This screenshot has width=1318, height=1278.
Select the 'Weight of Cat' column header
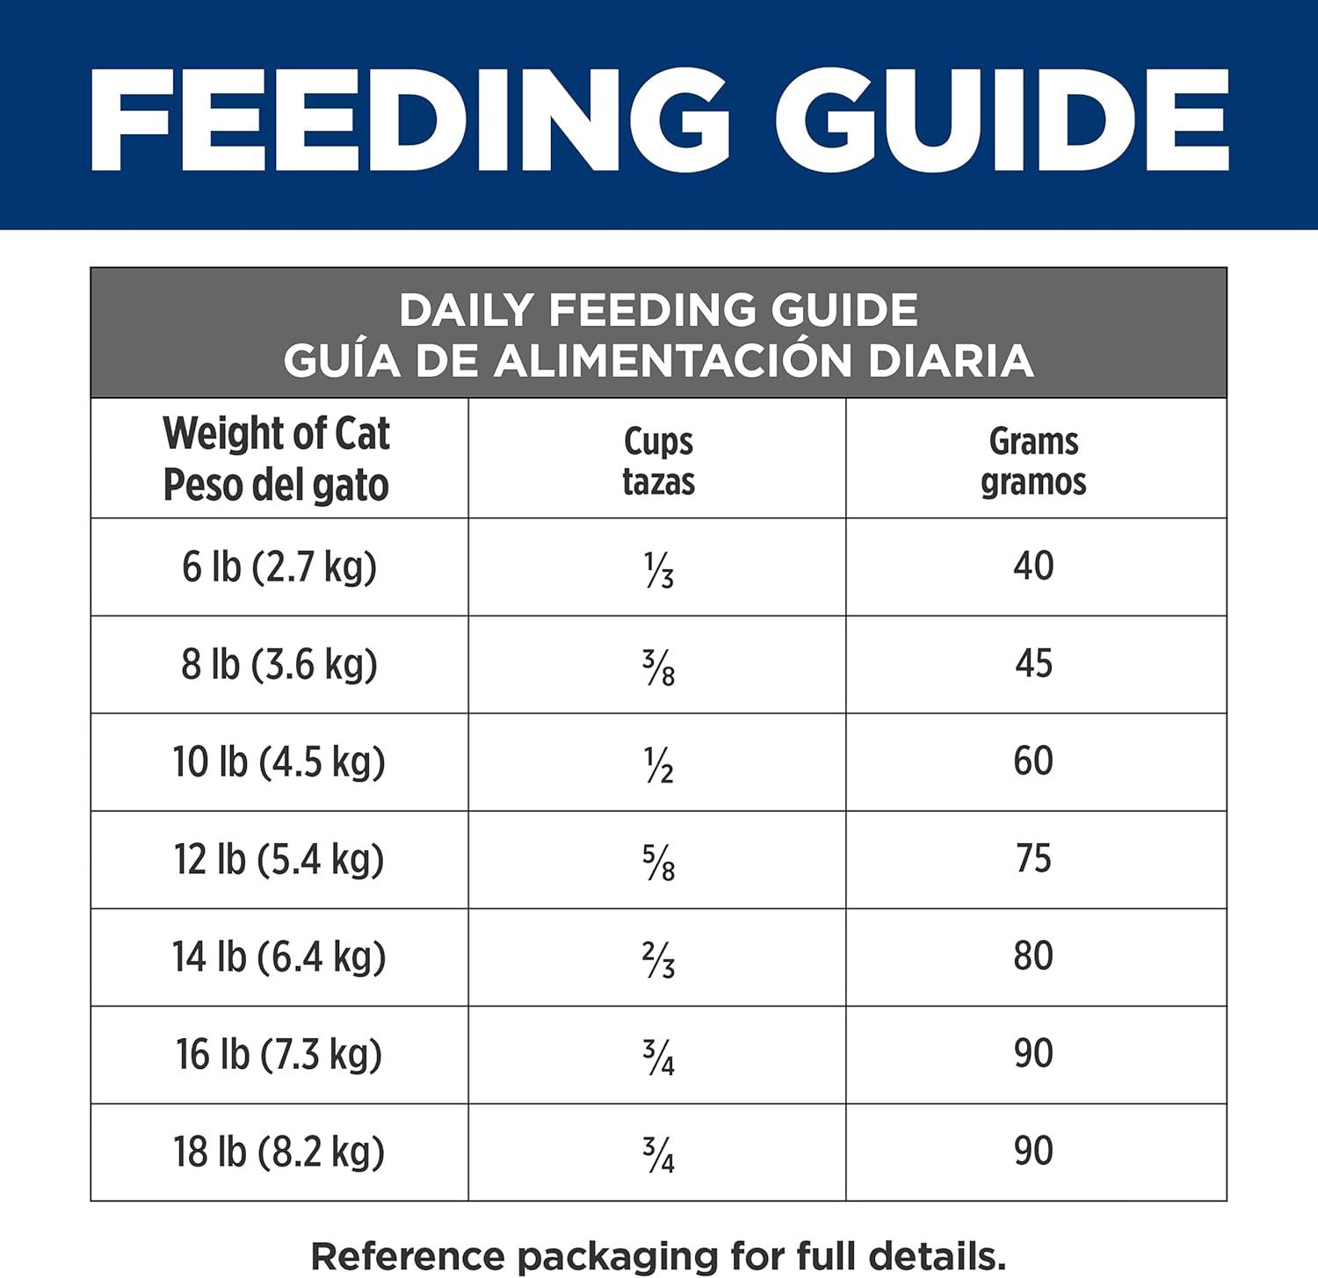click(x=277, y=434)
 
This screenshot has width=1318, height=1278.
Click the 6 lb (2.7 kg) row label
click(x=279, y=567)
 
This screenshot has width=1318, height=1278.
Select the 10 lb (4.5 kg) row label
click(x=279, y=762)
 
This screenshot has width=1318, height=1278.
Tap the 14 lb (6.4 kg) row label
click(x=279, y=957)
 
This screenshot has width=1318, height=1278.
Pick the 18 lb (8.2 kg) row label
click(x=279, y=1152)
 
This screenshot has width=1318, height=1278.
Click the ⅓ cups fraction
click(x=659, y=569)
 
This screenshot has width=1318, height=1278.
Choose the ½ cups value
click(x=659, y=764)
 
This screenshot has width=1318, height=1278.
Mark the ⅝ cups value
click(x=659, y=862)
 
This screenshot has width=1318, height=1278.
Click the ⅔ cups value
click(x=659, y=959)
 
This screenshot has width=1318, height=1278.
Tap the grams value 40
click(x=1033, y=566)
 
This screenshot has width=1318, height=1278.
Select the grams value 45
click(x=1033, y=663)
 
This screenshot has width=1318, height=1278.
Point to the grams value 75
click(x=1033, y=858)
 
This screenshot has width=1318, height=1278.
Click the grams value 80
click(x=1033, y=956)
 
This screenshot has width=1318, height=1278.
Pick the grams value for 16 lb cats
click(x=1033, y=1053)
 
